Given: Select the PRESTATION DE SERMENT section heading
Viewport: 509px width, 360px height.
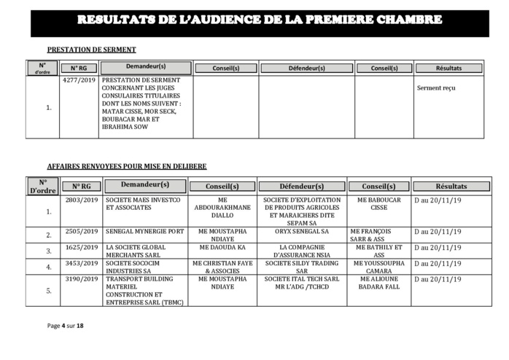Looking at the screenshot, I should coord(91,50).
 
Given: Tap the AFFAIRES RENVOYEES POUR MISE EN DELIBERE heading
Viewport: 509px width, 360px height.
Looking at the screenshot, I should coord(126,166).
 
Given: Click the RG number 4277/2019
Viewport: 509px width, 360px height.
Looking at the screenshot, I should coord(79,79).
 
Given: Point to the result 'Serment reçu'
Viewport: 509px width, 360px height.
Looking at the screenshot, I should coord(436,88).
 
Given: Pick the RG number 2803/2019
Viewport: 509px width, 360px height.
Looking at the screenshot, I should coord(81,200).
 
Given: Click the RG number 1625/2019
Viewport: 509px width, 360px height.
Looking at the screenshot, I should coord(81,248).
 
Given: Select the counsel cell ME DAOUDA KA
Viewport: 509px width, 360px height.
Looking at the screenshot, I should coord(225,248).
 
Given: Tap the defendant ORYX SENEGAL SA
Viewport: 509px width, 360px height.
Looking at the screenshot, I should coord(302,232).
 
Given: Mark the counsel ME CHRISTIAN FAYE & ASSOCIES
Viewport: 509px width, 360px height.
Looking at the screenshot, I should coord(225,265).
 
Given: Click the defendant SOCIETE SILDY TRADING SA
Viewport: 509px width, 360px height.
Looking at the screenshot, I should coord(302,265).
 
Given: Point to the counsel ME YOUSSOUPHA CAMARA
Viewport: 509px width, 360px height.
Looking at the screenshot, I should coord(379,265).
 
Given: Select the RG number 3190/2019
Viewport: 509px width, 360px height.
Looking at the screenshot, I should coord(81,279).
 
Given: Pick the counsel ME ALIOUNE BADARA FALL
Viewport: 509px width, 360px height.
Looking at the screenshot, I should coord(379,283).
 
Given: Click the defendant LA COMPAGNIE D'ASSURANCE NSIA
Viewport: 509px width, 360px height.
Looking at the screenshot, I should coord(302,251).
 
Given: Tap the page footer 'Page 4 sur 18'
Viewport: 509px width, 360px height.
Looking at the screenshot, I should coord(66,326).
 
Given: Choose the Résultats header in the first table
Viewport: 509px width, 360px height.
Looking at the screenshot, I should coord(448,68).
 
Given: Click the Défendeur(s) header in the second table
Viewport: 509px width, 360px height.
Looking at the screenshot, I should coord(302,187).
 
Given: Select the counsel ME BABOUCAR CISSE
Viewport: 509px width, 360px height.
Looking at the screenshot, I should coord(379,203).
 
